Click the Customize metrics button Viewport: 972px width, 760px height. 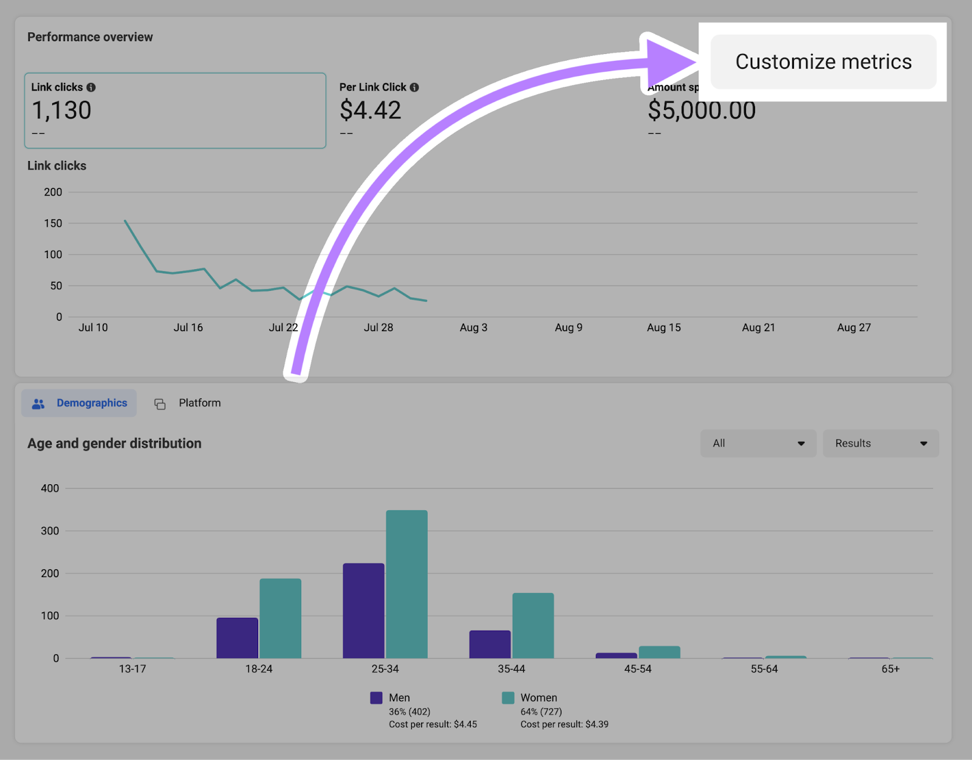[x=823, y=62]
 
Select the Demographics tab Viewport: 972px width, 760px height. [x=80, y=403]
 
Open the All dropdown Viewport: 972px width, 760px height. [x=758, y=443]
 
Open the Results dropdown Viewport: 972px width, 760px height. [x=880, y=443]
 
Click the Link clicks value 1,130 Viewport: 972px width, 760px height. [x=61, y=111]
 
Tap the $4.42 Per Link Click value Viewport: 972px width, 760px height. [x=370, y=111]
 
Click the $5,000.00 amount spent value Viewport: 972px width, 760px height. [x=702, y=111]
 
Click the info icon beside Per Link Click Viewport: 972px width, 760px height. [x=414, y=87]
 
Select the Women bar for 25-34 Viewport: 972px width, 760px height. [x=406, y=584]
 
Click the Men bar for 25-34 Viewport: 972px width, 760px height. [x=363, y=611]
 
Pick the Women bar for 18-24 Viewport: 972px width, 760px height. [x=280, y=618]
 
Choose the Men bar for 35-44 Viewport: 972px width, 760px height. [x=490, y=644]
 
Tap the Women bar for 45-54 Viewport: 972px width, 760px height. [x=659, y=652]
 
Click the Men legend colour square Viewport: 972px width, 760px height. [x=377, y=698]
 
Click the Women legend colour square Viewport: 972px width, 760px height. [x=508, y=698]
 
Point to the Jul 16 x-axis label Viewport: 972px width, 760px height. [x=188, y=327]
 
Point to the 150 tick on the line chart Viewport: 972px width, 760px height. [x=53, y=224]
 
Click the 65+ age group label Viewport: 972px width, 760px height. [x=891, y=669]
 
